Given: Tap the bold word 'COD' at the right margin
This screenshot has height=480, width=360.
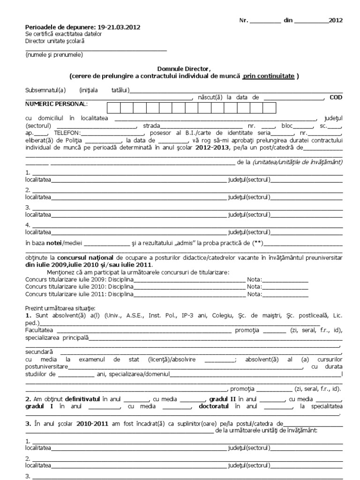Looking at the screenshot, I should coord(336,97).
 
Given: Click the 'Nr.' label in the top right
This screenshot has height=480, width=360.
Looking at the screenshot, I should coord(243,21).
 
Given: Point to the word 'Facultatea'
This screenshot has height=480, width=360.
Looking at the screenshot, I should coord(38,330).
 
